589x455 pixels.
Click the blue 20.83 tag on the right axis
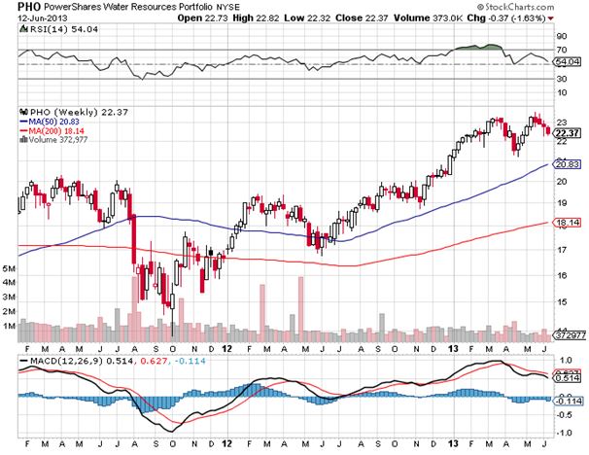pos(567,165)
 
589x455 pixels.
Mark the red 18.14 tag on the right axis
pos(567,224)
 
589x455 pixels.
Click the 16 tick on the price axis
pos(561,274)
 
